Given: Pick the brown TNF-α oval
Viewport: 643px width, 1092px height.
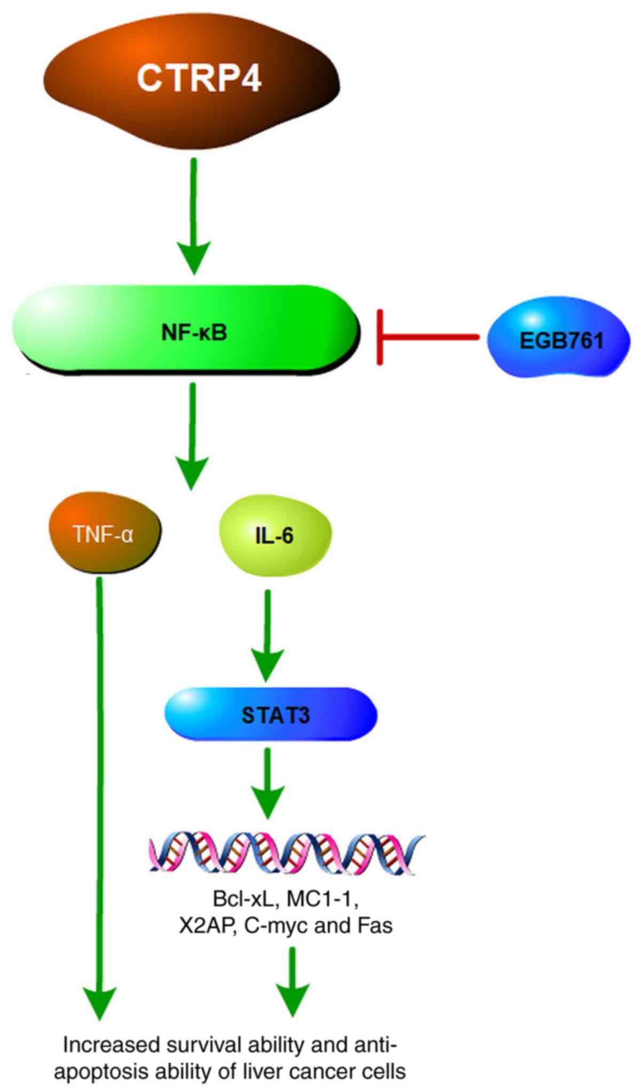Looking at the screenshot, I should [x=104, y=533].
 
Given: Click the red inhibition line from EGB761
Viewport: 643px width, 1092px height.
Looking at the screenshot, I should [x=427, y=337].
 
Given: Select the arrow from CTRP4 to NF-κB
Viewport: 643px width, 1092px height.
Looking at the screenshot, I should [x=193, y=213].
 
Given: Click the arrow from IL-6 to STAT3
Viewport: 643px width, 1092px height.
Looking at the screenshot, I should [x=267, y=635].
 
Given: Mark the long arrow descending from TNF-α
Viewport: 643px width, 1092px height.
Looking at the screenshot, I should [x=99, y=800].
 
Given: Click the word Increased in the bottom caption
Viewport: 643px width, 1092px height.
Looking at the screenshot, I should [x=112, y=1046].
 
